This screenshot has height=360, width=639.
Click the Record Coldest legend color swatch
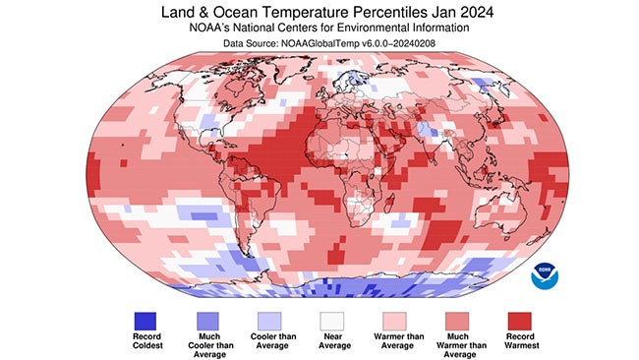tap(145, 321)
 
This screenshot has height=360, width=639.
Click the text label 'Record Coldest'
tap(145, 343)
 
